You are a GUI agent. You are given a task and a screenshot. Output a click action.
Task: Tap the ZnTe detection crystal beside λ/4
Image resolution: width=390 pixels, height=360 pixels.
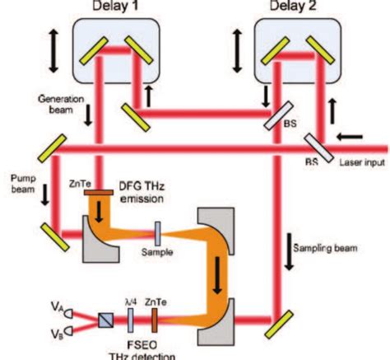[x=151, y=317]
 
